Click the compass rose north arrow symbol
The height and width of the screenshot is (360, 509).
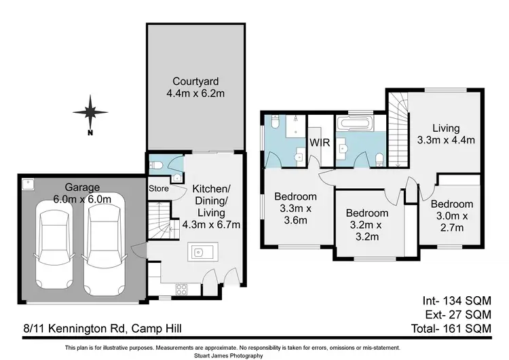[90, 113]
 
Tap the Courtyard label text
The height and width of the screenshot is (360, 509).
[195, 82]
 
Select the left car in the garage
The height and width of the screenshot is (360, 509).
[54, 245]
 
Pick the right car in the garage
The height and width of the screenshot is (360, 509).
[105, 245]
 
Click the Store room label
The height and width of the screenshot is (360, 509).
[159, 188]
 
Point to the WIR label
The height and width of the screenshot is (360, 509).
[320, 143]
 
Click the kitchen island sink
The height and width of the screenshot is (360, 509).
[198, 252]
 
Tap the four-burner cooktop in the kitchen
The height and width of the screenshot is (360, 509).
[181, 289]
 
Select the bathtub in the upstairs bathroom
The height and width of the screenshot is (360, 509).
[355, 124]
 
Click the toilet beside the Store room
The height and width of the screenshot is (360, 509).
[155, 165]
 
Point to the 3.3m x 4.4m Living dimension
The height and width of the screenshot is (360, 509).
[446, 140]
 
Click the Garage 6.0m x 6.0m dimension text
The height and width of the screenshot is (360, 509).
[82, 199]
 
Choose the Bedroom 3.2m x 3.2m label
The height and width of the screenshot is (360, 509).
[367, 225]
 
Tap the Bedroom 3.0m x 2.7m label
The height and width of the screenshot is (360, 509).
[452, 216]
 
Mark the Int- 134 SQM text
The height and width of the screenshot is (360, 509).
[457, 300]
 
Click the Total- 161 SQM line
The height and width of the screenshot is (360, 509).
[451, 329]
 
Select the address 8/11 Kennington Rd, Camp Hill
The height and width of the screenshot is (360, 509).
[102, 329]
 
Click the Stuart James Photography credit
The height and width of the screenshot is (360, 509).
[229, 355]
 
